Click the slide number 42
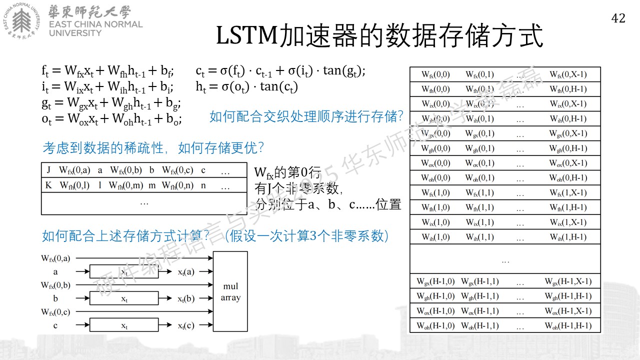[x=618, y=18]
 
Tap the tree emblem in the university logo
[x=21, y=20]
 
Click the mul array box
[x=230, y=291]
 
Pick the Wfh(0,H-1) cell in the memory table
[x=568, y=89]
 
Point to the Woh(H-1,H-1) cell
[x=568, y=325]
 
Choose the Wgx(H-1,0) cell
[x=435, y=281]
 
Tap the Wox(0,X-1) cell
[x=568, y=163]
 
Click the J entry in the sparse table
[x=48, y=170]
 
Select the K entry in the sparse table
[x=48, y=185]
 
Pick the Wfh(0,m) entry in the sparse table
[x=126, y=185]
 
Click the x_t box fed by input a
[x=124, y=271]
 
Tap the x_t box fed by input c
[x=124, y=325]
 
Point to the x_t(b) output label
[x=186, y=298]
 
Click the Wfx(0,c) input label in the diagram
[x=55, y=311]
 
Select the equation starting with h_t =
[x=246, y=86]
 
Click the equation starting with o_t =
[x=111, y=119]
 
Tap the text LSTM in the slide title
[x=247, y=35]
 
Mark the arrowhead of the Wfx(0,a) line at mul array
[x=211, y=258]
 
